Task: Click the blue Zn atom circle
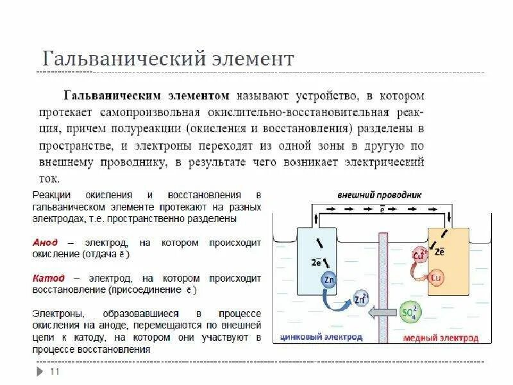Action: tap(329, 280)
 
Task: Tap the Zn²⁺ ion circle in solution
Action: tap(362, 298)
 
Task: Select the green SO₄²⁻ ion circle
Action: tap(409, 312)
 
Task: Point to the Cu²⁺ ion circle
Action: tap(421, 255)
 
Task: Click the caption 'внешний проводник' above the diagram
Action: tap(380, 194)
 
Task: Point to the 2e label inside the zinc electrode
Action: tap(316, 262)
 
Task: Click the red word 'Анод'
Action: tap(45, 243)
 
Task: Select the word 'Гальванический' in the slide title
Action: tap(121, 60)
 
